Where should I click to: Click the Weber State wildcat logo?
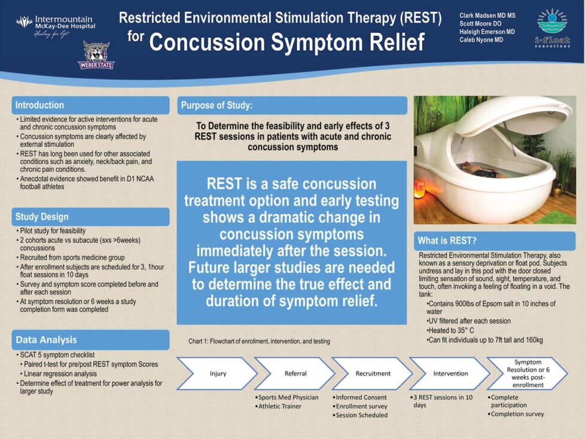pyautogui.click(x=96, y=55)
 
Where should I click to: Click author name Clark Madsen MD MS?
pyautogui.click(x=487, y=15)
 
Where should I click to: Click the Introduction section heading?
pyautogui.click(x=39, y=105)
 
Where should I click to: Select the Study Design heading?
pyautogui.click(x=42, y=217)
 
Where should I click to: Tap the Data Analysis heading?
pyautogui.click(x=46, y=340)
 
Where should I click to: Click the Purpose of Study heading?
pyautogui.click(x=216, y=106)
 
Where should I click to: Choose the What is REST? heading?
pyautogui.click(x=447, y=241)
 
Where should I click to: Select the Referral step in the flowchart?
pyautogui.click(x=295, y=374)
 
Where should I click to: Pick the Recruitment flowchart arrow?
pyautogui.click(x=373, y=374)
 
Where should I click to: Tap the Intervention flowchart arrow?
pyautogui.click(x=450, y=374)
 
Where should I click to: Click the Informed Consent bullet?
pyautogui.click(x=361, y=397)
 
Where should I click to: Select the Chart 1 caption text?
pyautogui.click(x=259, y=342)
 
